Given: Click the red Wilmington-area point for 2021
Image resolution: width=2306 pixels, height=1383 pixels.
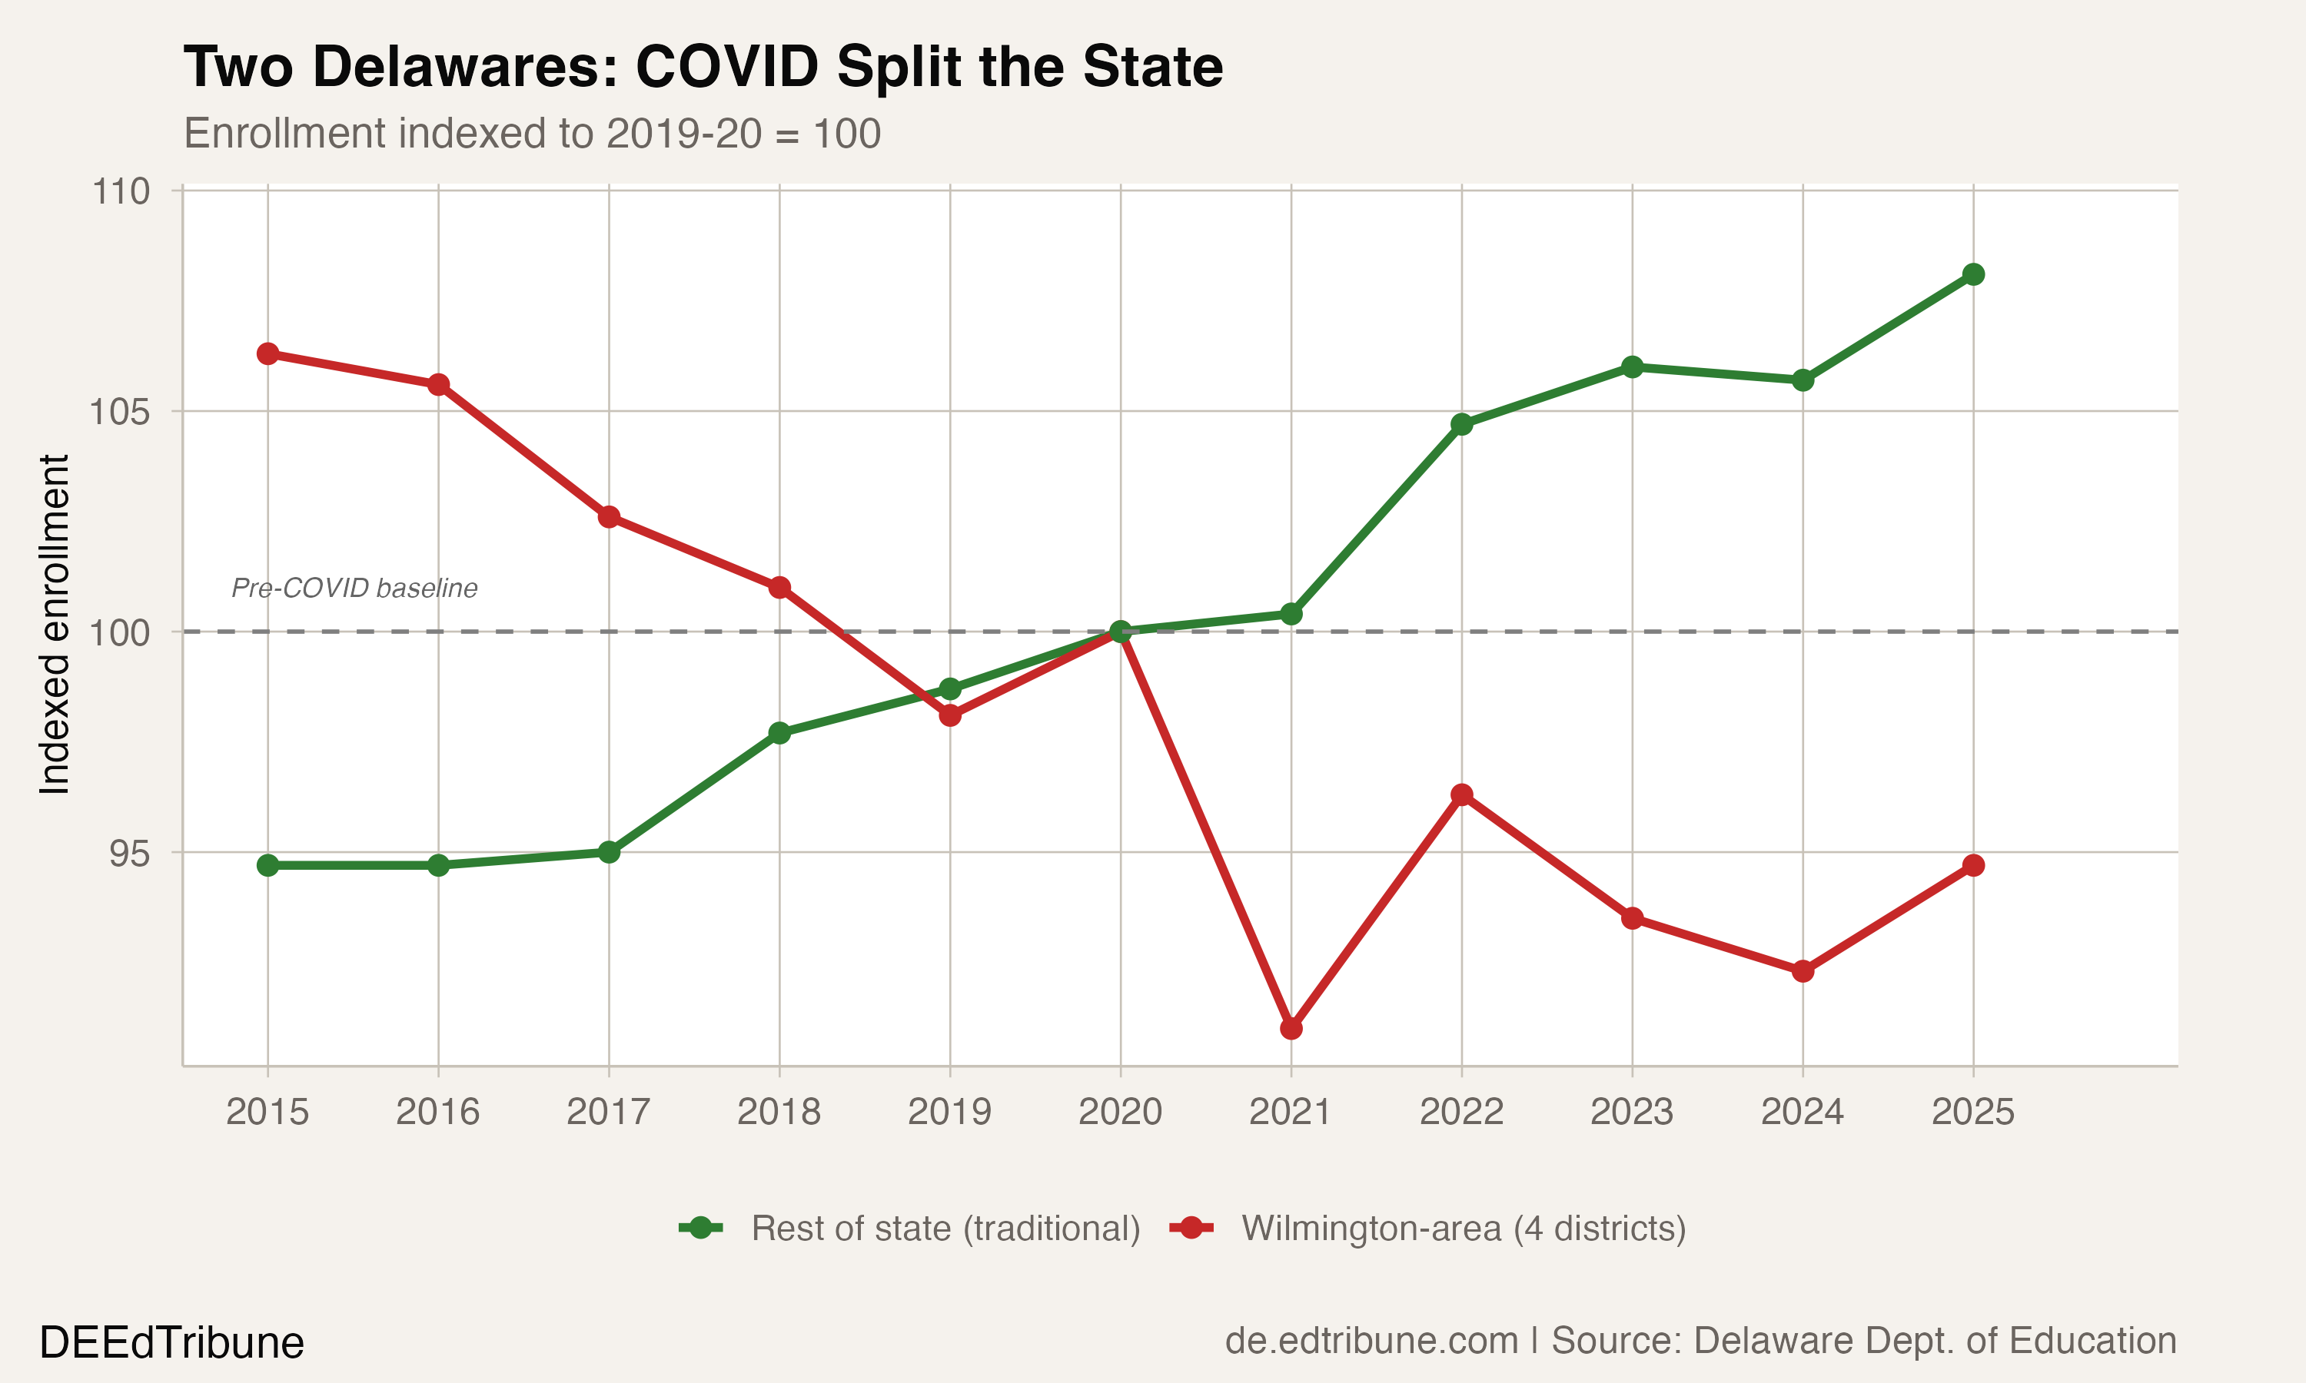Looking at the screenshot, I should (x=1291, y=1029).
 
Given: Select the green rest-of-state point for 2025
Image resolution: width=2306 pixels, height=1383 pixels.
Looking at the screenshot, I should (x=1973, y=274).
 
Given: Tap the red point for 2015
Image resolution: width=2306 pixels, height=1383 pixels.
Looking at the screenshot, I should (x=267, y=354).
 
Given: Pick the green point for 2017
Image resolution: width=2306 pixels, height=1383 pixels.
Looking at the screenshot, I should (x=609, y=852).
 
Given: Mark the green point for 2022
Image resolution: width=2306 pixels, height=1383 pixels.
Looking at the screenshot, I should (x=1461, y=425).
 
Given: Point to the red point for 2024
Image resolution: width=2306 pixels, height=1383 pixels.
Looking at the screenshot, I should (x=1803, y=971).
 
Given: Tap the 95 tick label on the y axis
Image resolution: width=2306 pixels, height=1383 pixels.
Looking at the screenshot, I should (x=130, y=854).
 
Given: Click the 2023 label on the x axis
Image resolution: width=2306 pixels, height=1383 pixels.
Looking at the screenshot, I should (x=1631, y=1112).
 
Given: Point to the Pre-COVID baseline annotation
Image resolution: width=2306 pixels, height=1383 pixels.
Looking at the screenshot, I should (x=354, y=588).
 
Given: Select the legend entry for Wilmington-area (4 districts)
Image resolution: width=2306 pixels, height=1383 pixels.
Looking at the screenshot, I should (x=1464, y=1229).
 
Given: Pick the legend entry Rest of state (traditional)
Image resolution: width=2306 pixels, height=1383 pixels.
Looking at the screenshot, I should (x=945, y=1229).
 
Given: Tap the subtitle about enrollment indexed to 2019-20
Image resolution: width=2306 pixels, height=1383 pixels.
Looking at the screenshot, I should (x=532, y=133).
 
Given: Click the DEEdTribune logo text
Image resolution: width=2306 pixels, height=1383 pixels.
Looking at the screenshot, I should (x=171, y=1343).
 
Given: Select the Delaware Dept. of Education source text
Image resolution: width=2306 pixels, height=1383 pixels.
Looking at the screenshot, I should (x=1934, y=1341).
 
